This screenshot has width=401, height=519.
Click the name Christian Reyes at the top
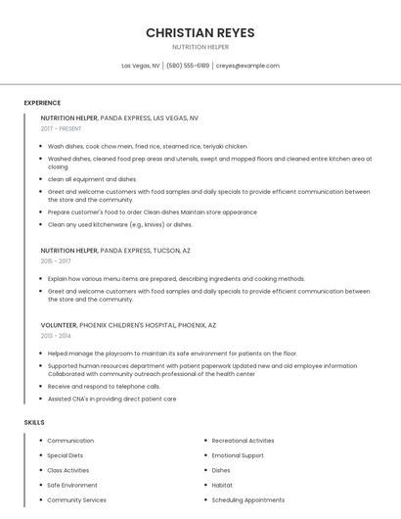coord(200,32)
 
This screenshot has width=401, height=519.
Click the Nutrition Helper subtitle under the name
coord(200,47)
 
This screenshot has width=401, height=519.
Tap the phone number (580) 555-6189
coord(188,66)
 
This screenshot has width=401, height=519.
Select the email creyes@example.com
coord(247,66)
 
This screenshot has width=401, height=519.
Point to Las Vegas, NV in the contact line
coord(141,66)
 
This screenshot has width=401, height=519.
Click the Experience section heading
coord(42,103)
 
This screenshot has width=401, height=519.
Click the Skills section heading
coord(34,422)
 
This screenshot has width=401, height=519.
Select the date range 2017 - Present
coord(62,128)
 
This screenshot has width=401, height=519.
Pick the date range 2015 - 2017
coord(56,261)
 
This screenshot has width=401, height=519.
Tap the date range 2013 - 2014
coord(56,336)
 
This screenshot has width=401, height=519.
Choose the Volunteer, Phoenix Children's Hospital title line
coord(128,324)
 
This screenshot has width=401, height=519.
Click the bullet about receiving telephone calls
coord(104,386)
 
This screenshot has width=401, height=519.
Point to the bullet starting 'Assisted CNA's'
coord(111,399)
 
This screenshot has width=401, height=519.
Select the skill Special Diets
coord(65,455)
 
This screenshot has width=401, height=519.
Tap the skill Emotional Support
coord(238,455)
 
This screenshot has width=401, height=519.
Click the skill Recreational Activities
coord(243,441)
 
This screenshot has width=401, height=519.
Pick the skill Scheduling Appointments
coord(247,499)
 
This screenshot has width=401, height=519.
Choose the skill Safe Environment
coord(71,485)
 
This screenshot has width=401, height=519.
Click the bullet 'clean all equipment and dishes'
coord(92,179)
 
